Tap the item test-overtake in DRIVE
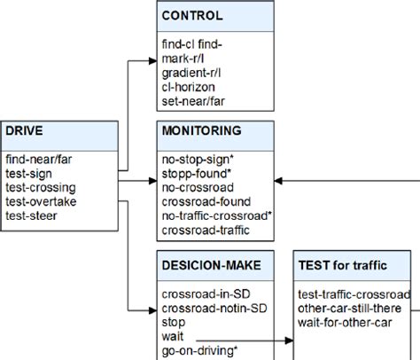(40, 200)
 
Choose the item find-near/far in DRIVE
(40, 160)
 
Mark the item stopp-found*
(197, 173)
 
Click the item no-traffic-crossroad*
(216, 215)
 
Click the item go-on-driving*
(199, 351)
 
